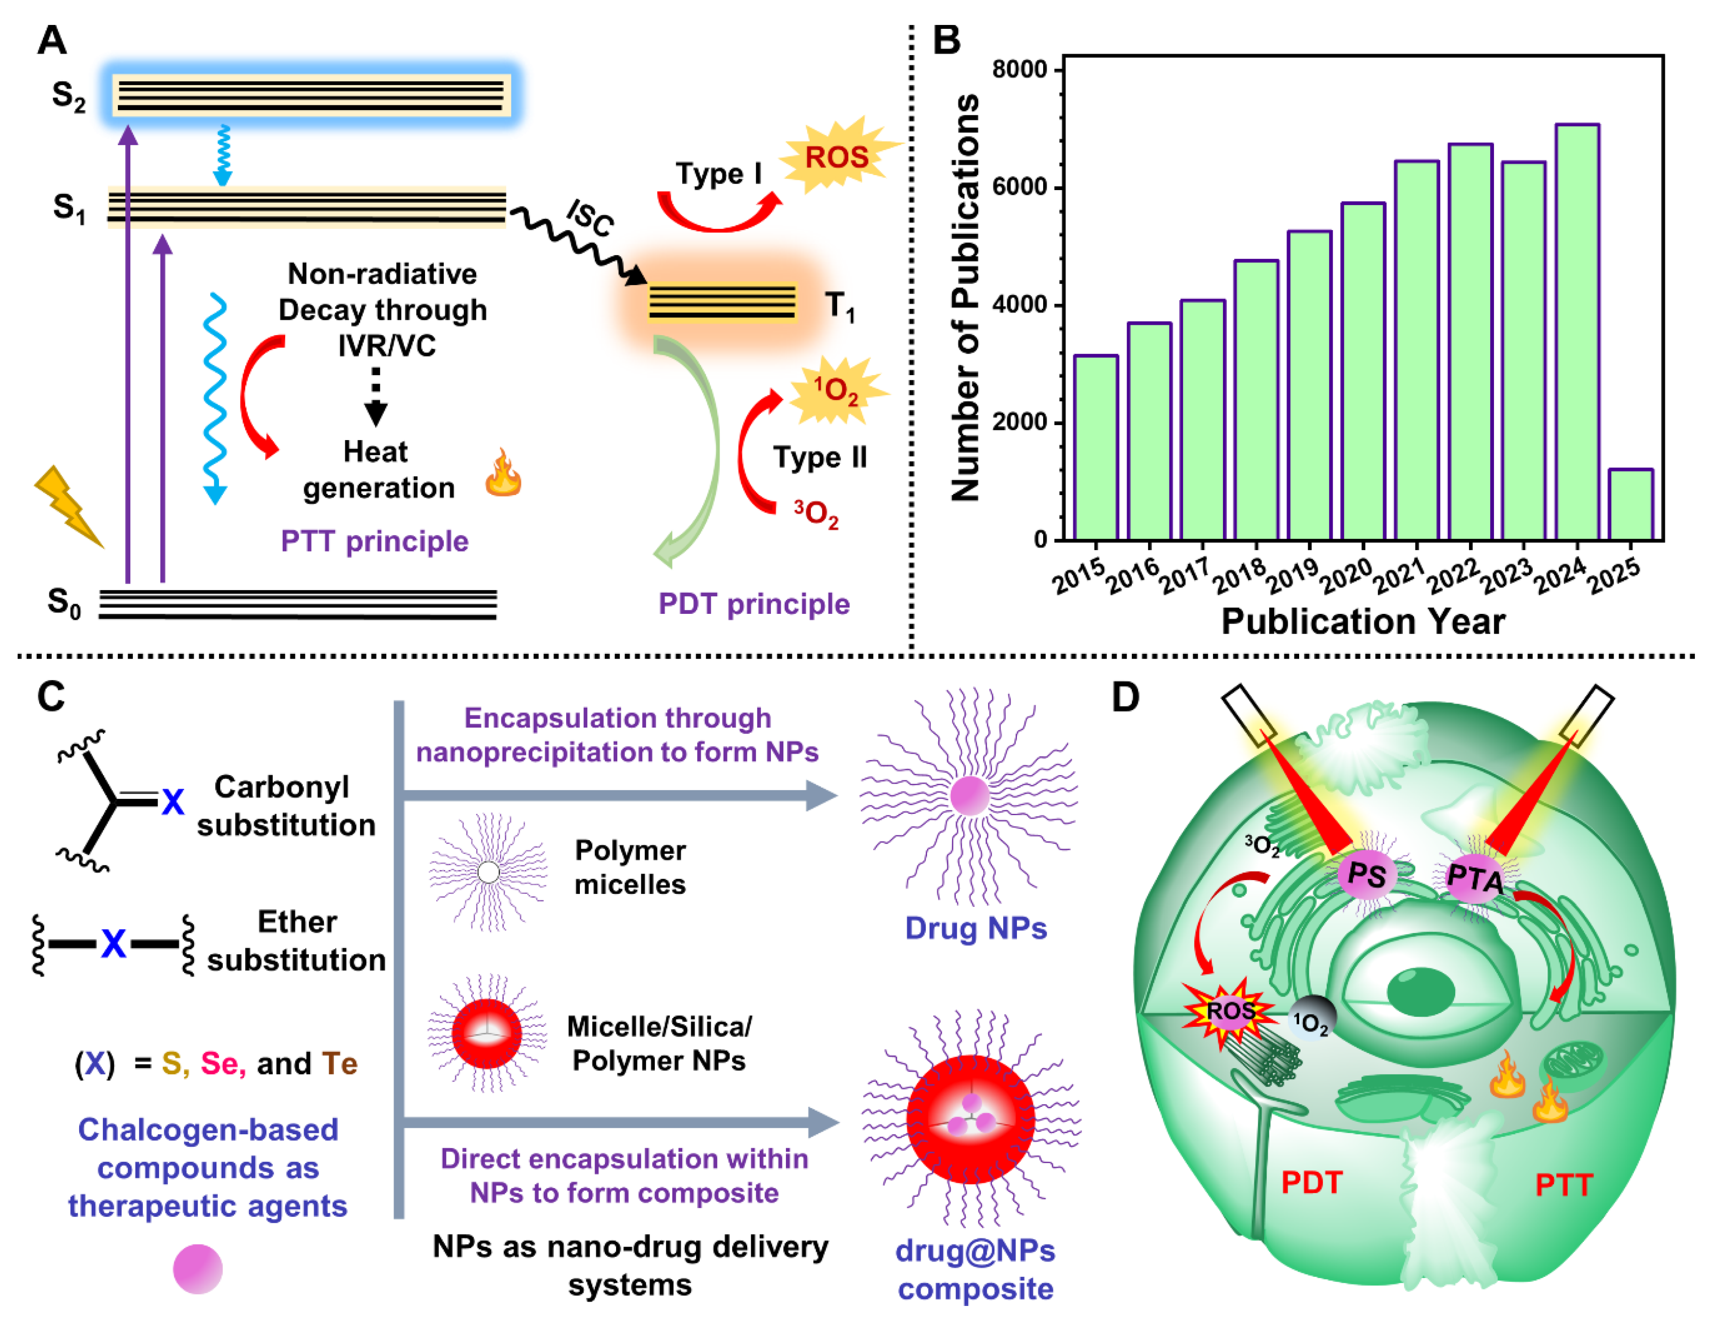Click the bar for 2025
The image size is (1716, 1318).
[1630, 505]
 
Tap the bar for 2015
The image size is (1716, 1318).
[1095, 447]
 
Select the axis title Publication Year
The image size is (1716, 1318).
[1363, 621]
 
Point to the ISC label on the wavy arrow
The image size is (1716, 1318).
[590, 216]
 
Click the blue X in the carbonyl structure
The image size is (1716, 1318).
[173, 802]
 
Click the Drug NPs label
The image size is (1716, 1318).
[975, 928]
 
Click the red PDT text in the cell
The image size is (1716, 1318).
[1311, 1182]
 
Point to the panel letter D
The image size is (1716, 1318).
[1125, 697]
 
